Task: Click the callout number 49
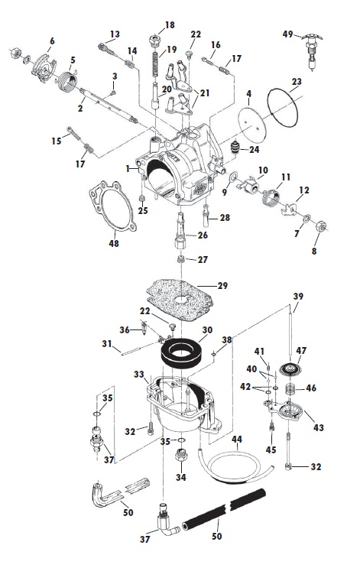point(288,34)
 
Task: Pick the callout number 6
point(51,41)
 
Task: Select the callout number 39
point(298,296)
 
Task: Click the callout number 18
point(169,25)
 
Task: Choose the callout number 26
point(203,235)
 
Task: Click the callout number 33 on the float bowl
point(138,375)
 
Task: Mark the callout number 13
point(115,34)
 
